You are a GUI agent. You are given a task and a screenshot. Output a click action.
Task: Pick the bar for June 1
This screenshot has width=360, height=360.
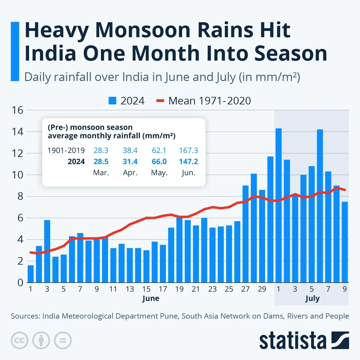pos(31,274)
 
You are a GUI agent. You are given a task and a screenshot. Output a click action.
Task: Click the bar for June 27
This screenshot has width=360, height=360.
pos(245,234)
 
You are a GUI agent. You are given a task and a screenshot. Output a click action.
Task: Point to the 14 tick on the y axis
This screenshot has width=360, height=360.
pos(17,132)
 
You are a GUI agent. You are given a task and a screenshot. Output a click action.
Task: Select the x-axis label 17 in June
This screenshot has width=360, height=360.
pos(163,289)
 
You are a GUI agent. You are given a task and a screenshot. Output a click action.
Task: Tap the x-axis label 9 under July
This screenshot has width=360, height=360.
pos(345,289)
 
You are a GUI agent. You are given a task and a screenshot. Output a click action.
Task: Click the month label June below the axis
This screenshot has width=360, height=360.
pos(151,298)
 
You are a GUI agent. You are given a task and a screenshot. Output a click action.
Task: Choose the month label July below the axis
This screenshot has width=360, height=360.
pos(312,298)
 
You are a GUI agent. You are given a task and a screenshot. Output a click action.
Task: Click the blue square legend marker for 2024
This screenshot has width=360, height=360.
pos(112,101)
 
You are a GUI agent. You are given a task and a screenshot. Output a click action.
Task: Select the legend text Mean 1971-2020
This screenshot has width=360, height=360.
pos(209,101)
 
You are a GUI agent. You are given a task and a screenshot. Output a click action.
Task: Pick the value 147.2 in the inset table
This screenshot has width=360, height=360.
pos(188,162)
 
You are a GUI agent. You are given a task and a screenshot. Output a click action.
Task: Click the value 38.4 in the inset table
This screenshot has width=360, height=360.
pos(130,150)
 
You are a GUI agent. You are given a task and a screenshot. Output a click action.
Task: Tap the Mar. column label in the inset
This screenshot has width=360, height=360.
pos(101,173)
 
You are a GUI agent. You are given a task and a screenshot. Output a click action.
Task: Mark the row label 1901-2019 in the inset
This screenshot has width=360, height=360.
pos(66,150)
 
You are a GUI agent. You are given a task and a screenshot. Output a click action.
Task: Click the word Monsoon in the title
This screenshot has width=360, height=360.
pos(147,30)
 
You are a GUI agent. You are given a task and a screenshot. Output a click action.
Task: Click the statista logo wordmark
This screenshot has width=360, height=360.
pos(292,341)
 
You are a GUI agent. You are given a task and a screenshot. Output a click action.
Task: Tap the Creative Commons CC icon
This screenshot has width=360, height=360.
pos(19,340)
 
